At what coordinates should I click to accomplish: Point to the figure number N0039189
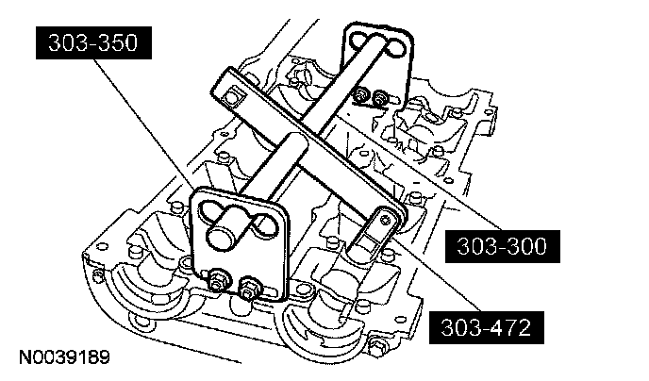click(x=62, y=358)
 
